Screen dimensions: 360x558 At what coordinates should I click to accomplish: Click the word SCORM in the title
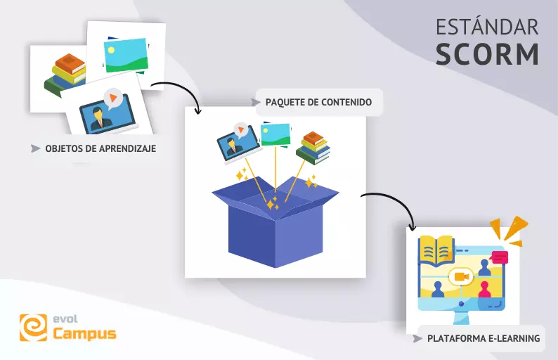pyautogui.click(x=487, y=54)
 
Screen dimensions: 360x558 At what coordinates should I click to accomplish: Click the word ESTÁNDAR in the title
pyautogui.click(x=487, y=27)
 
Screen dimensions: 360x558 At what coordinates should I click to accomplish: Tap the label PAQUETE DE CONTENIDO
pyautogui.click(x=318, y=102)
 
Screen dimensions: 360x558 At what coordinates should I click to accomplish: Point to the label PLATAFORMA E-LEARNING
pyautogui.click(x=483, y=338)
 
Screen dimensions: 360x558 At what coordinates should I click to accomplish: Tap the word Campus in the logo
pyautogui.click(x=85, y=333)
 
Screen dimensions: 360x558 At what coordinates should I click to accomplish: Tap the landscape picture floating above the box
pyautogui.click(x=275, y=134)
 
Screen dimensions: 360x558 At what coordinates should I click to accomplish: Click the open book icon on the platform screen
pyautogui.click(x=436, y=250)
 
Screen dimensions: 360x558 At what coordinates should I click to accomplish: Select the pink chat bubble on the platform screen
pyautogui.click(x=500, y=257)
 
